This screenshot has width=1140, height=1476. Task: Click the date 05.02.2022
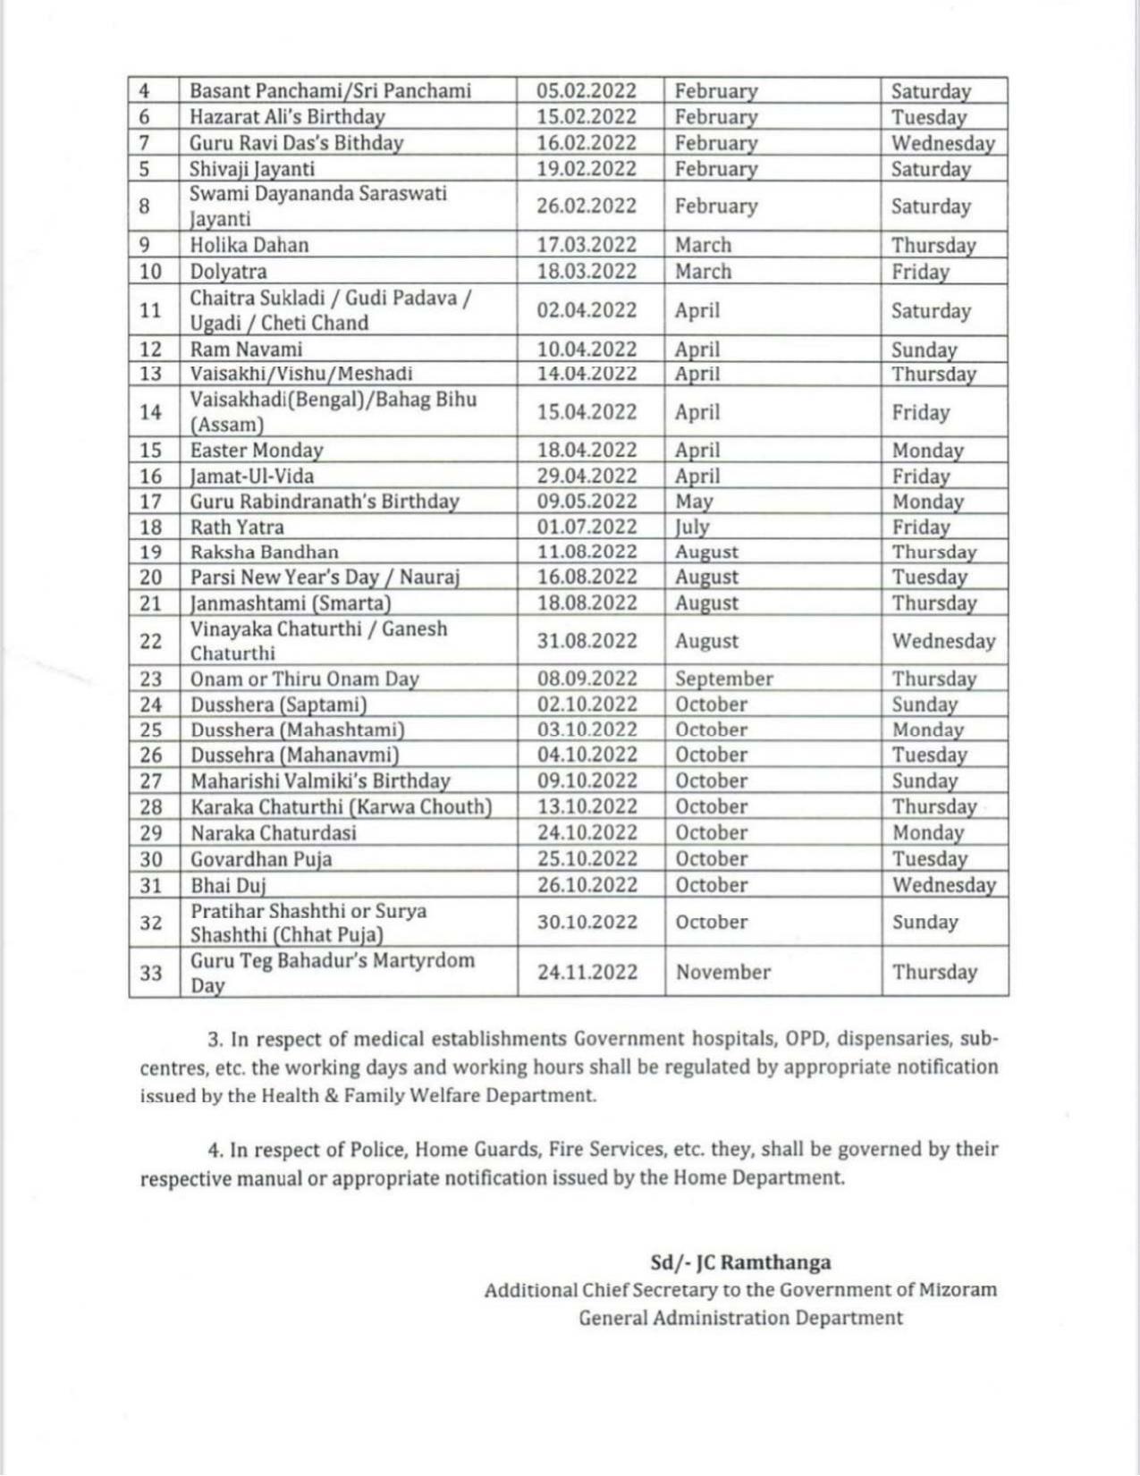(x=587, y=91)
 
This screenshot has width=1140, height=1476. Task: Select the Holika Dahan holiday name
(x=249, y=245)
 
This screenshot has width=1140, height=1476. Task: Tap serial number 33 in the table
(x=151, y=973)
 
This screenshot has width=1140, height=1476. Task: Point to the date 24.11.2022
(x=587, y=973)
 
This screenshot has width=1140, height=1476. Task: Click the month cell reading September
(x=723, y=679)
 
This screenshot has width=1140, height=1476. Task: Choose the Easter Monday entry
(x=256, y=451)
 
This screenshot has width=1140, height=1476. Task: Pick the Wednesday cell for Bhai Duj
(x=943, y=885)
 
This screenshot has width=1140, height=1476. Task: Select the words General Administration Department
(x=740, y=1318)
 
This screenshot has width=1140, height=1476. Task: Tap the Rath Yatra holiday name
(x=237, y=527)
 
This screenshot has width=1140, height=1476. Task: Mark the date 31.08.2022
(x=587, y=641)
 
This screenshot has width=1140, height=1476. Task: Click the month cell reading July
(x=692, y=527)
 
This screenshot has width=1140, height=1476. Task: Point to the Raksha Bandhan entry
(x=264, y=552)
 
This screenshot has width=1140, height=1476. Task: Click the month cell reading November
(x=722, y=973)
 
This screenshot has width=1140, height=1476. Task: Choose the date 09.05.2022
(x=587, y=502)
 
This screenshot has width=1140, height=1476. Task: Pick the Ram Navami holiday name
(x=246, y=350)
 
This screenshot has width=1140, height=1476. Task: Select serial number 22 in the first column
(x=151, y=641)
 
